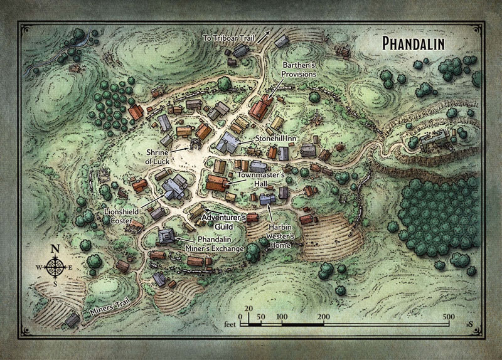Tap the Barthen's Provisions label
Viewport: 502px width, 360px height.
pyautogui.click(x=299, y=68)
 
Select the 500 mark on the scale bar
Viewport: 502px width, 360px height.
pyautogui.click(x=447, y=317)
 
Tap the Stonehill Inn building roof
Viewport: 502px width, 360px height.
pyautogui.click(x=230, y=142)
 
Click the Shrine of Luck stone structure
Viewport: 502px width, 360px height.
pyautogui.click(x=195, y=145)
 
